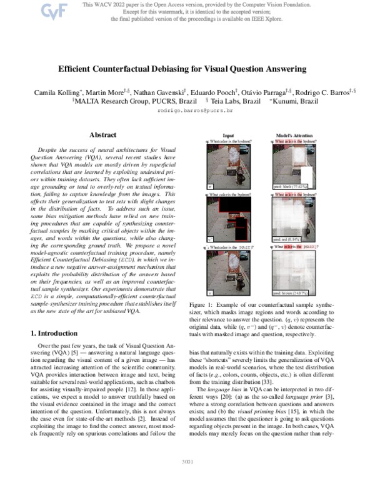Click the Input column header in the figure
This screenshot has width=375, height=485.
(229, 134)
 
